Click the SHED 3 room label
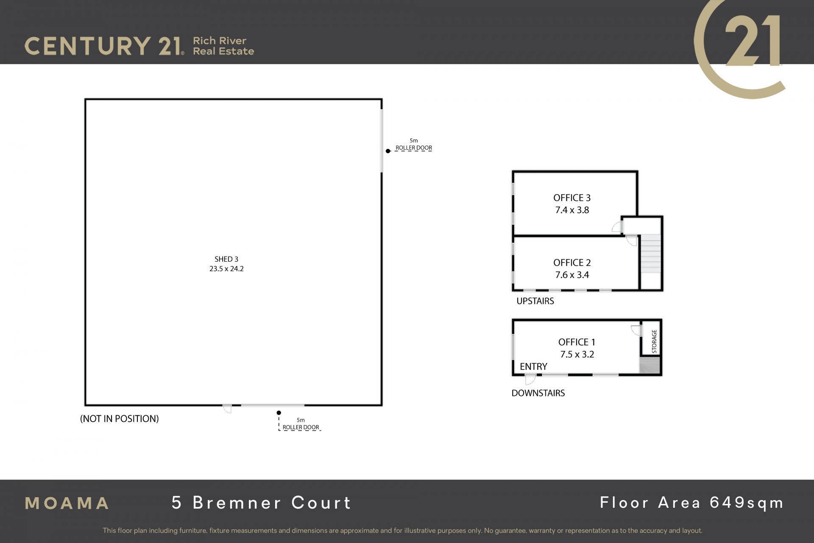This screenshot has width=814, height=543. [226, 259]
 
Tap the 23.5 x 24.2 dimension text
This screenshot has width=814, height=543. [226, 269]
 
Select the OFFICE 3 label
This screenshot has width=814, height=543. [572, 198]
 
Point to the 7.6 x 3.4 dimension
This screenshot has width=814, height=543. [572, 275]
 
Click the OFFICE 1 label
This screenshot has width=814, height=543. [577, 342]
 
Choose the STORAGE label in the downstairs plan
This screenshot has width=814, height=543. [654, 341]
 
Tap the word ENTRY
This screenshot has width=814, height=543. [533, 367]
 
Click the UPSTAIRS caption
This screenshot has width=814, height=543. [535, 301]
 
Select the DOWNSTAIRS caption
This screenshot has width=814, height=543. [538, 393]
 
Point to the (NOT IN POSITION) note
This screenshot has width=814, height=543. [120, 419]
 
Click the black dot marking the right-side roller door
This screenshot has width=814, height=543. [388, 151]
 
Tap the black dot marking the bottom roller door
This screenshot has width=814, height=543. [279, 413]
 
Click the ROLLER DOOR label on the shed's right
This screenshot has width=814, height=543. [414, 148]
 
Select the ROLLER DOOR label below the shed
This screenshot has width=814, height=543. [301, 427]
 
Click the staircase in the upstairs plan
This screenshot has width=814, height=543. [650, 254]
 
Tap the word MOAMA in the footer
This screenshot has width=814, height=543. [67, 504]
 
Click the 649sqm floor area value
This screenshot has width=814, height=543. [747, 503]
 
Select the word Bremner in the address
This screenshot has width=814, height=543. [237, 503]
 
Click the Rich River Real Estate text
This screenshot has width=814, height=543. [223, 46]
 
